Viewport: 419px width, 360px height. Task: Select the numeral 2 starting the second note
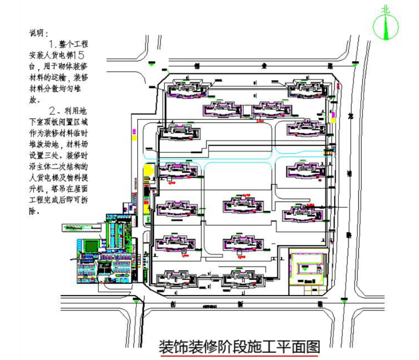(53, 108)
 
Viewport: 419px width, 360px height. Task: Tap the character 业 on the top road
(265, 65)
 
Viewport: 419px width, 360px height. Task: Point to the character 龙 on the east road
(351, 117)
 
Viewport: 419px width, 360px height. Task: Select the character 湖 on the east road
(348, 172)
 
